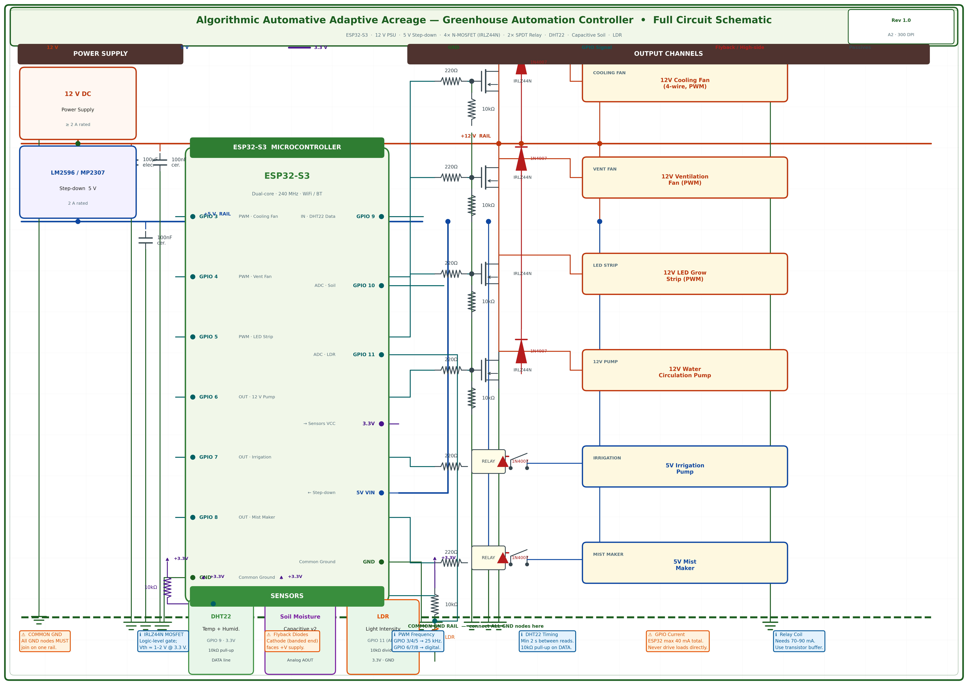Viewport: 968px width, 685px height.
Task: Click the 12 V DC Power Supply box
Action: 78,103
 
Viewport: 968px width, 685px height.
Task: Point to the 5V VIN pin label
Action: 365,493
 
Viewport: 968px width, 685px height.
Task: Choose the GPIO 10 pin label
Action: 364,286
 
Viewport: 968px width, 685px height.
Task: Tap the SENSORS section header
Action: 287,596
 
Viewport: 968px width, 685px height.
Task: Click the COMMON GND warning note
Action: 45,641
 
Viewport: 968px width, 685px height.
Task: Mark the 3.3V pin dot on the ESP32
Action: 381,424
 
